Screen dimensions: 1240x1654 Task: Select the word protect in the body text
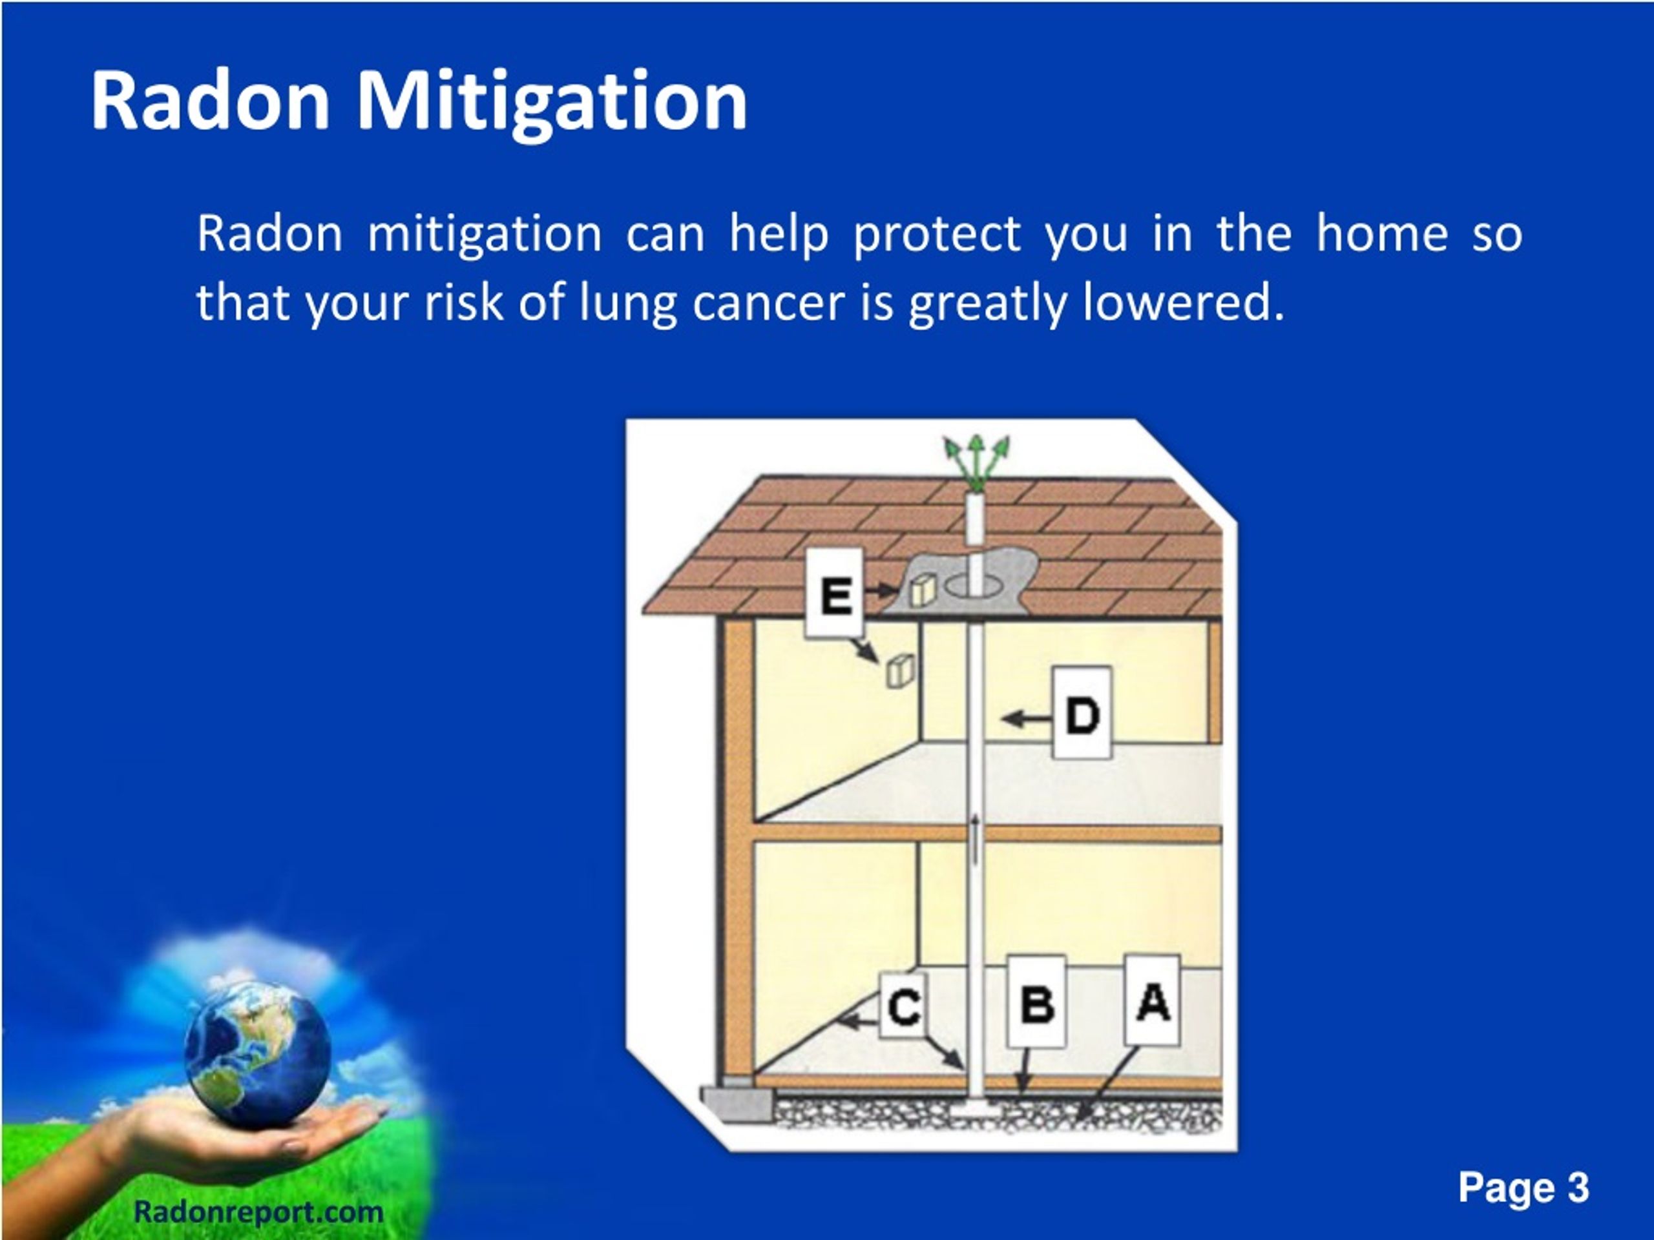pos(936,234)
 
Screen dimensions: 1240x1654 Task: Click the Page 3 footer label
pos(1523,1187)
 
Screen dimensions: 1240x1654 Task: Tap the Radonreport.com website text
pos(258,1212)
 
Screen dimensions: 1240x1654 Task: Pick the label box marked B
pos(1036,1002)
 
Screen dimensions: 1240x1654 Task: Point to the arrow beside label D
pos(1026,719)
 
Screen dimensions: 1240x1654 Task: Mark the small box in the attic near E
pos(923,590)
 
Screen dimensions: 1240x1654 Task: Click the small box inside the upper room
pos(900,670)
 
